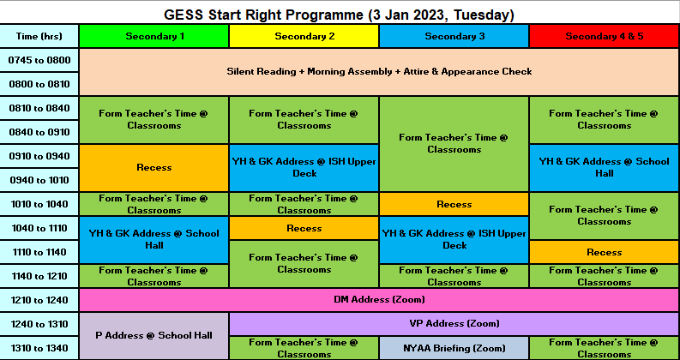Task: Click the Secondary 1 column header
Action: (154, 36)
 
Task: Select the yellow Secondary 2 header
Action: (304, 36)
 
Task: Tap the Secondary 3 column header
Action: (454, 36)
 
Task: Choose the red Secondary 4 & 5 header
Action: (604, 36)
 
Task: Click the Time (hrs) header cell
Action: (39, 36)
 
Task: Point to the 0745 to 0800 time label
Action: (39, 60)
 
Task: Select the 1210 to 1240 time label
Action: (39, 300)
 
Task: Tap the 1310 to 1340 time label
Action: (39, 348)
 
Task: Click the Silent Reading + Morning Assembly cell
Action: (379, 71)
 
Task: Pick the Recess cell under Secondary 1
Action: (154, 167)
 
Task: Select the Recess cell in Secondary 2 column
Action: (304, 228)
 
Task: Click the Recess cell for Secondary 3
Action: (454, 204)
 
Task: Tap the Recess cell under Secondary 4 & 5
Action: (604, 252)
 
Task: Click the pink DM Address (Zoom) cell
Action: (379, 300)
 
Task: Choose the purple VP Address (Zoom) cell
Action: (454, 323)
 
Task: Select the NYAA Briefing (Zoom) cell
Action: (454, 348)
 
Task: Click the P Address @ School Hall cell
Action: (154, 336)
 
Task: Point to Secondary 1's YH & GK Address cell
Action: (154, 240)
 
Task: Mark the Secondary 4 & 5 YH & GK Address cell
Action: (604, 167)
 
